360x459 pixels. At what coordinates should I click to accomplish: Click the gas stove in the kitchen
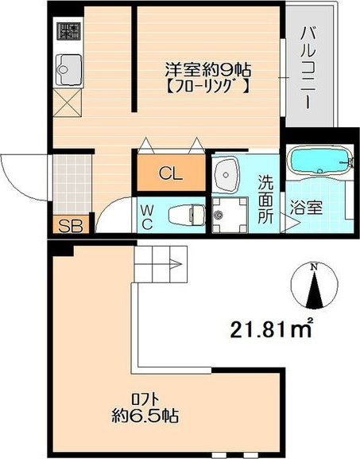tap(68, 32)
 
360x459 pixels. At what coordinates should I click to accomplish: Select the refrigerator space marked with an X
tap(68, 103)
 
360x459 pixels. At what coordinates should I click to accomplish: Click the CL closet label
tap(171, 174)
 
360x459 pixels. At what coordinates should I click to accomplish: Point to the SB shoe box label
tap(71, 226)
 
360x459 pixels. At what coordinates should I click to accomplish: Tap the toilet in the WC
tap(187, 215)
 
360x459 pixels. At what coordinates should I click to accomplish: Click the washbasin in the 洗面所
tap(226, 176)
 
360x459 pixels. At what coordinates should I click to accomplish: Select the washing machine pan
tap(230, 215)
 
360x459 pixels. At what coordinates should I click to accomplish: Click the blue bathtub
tap(319, 161)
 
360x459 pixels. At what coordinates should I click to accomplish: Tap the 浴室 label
tap(306, 208)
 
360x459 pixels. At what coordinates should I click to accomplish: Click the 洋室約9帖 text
tap(208, 70)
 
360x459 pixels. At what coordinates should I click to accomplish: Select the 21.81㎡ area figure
tap(271, 329)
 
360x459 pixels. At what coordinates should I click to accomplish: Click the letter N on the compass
tap(314, 266)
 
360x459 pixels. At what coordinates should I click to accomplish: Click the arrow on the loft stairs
tap(175, 264)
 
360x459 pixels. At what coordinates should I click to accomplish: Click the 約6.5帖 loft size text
tap(145, 415)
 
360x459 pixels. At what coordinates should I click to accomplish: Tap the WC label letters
tap(147, 217)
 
